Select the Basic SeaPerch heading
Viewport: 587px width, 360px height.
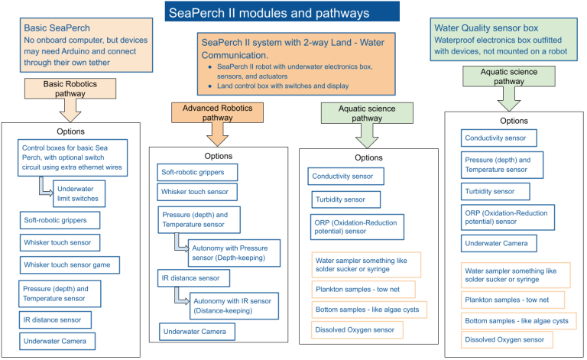pos(57,28)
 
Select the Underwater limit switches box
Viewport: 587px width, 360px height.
pos(78,193)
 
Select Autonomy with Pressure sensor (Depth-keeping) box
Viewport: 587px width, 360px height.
pos(229,253)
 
